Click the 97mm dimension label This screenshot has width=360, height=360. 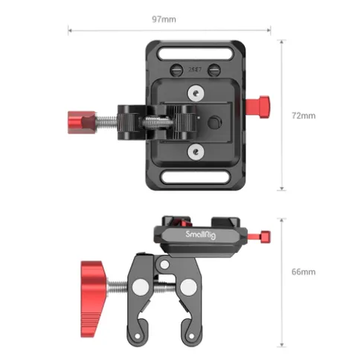tap(164, 19)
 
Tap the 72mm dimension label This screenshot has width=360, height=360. tap(303, 115)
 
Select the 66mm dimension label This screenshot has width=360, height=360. tap(303, 271)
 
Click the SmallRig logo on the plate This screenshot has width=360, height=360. tap(201, 234)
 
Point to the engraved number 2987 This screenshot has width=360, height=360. tap(195, 70)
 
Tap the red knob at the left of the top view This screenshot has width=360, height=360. tap(82, 123)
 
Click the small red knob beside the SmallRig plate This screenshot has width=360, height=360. tap(260, 237)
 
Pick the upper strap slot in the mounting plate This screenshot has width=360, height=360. tap(195, 54)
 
